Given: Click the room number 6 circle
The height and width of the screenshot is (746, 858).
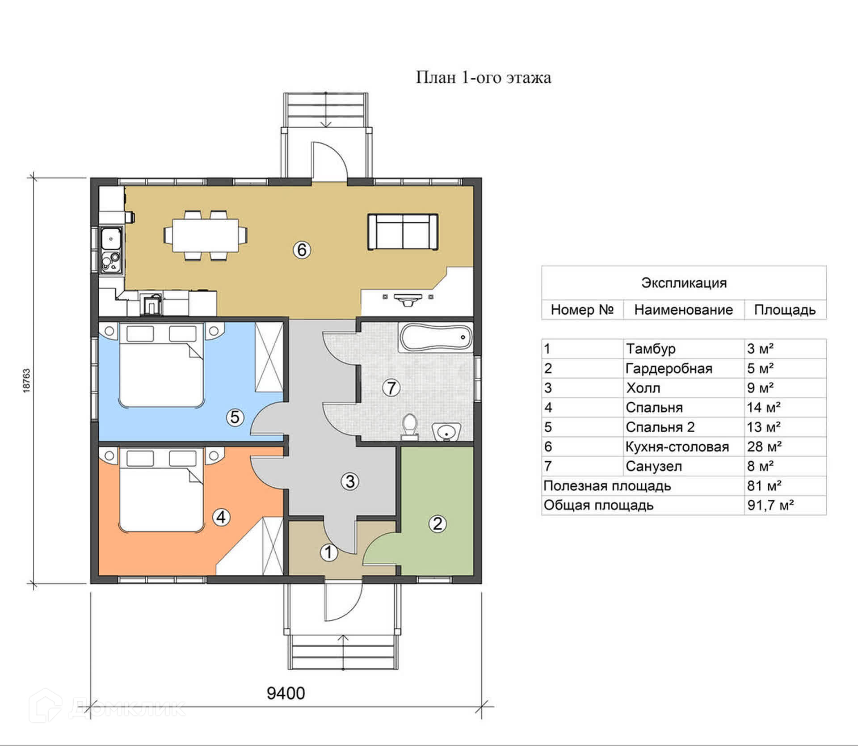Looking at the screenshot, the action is pyautogui.click(x=302, y=249).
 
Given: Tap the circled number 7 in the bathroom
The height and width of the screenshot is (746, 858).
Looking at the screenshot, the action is pyautogui.click(x=391, y=388).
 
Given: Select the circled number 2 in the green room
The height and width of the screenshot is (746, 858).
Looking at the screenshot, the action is pyautogui.click(x=437, y=523).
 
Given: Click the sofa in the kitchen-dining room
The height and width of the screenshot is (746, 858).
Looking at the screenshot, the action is pyautogui.click(x=403, y=232).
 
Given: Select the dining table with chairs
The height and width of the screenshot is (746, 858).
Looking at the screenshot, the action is pyautogui.click(x=205, y=235).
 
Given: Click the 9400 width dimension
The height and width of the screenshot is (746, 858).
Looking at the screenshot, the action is pyautogui.click(x=286, y=693).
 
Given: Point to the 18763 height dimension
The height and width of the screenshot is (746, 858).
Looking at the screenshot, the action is pyautogui.click(x=26, y=381).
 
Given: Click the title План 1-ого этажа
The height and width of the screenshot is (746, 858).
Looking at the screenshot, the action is pyautogui.click(x=484, y=77).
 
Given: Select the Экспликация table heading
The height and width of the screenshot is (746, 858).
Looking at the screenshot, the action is pyautogui.click(x=684, y=282).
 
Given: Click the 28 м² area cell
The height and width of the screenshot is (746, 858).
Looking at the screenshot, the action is pyautogui.click(x=764, y=447).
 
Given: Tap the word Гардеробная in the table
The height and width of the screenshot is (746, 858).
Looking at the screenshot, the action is pyautogui.click(x=669, y=368).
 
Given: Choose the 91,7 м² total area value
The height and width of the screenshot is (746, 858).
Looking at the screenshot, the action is pyautogui.click(x=770, y=505).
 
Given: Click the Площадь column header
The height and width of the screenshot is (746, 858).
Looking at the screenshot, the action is pyautogui.click(x=785, y=310).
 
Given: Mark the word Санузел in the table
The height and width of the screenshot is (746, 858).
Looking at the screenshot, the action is pyautogui.click(x=654, y=466).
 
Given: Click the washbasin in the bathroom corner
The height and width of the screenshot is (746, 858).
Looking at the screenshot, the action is pyautogui.click(x=446, y=431).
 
